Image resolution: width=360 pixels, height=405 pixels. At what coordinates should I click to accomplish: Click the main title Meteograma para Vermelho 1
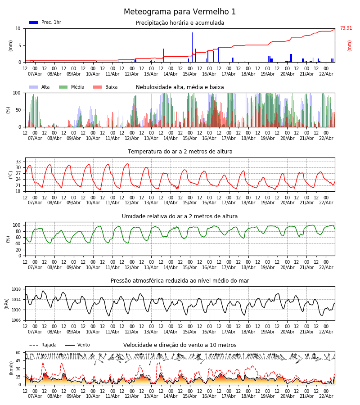pos(180,12)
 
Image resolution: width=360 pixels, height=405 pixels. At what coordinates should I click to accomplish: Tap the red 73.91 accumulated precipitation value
pos(346,28)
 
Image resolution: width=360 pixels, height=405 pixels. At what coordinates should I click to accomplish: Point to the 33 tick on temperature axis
pos(18,162)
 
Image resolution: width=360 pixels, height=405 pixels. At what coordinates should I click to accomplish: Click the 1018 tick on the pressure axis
pos(17,289)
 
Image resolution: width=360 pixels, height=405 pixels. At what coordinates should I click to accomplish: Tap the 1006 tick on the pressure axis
pos(17,320)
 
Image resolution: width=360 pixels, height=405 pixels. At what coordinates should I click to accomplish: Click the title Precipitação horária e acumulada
pos(180,23)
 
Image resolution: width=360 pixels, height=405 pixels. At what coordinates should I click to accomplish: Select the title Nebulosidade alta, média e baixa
pos(180,87)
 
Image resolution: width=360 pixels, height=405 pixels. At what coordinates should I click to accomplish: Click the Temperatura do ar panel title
pos(180,152)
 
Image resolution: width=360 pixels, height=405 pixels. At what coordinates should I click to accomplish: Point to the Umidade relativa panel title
pos(180,216)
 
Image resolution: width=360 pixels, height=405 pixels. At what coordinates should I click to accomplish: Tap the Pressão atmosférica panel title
pos(180,281)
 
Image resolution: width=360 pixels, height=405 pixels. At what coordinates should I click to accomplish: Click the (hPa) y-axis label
pos(7,304)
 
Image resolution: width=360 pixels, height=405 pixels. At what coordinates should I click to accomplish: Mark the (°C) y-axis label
pos(10,175)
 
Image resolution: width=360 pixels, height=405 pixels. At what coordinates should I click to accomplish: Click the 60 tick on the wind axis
pos(18,353)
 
